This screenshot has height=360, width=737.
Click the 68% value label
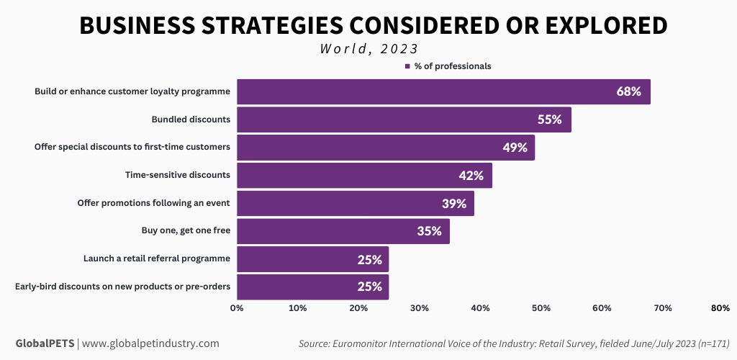coord(628,92)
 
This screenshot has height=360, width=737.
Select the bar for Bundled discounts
coord(404,120)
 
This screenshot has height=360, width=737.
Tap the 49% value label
coord(515,148)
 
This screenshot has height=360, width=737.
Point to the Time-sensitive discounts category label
coord(178,175)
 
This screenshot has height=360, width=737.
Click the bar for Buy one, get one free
coord(343,231)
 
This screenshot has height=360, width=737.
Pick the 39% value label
coord(454,204)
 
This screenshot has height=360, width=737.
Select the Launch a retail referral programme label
coord(156,258)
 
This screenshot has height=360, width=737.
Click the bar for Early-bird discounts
coord(312,287)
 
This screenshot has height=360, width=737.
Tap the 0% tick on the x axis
coord(237,308)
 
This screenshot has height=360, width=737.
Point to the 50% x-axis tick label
coord(541,308)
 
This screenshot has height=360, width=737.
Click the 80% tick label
coord(720,308)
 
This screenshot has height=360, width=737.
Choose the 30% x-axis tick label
coord(420,308)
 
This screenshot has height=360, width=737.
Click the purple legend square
coord(407,66)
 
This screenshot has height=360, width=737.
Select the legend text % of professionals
coord(453,66)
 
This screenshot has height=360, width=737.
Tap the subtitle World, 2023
coord(369,49)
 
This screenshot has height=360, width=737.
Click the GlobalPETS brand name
coord(45,343)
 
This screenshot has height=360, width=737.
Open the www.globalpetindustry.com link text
coord(150,343)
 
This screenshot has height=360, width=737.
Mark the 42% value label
coord(472,176)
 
